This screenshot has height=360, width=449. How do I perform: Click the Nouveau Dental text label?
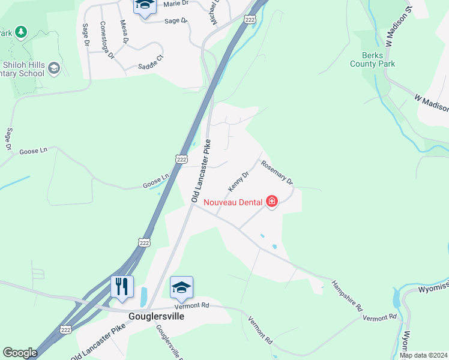click(x=234, y=202)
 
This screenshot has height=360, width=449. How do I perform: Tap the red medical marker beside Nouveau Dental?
click(x=272, y=201)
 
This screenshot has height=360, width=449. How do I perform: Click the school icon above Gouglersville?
click(x=181, y=287)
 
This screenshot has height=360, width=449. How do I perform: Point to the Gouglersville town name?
click(x=156, y=316)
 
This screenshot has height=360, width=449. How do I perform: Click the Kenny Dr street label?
click(x=238, y=181)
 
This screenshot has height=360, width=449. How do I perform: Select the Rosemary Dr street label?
click(x=276, y=172)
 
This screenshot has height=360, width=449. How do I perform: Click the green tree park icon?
click(x=21, y=31)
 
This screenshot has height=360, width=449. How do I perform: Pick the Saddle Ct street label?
click(x=151, y=61)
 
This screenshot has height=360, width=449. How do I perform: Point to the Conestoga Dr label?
click(x=107, y=40)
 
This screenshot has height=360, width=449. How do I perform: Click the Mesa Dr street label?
click(x=124, y=32)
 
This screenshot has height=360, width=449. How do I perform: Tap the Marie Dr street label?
click(x=175, y=4)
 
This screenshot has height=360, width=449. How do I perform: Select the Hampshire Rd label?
click(x=348, y=296)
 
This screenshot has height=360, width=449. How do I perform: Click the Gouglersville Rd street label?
click(x=169, y=342)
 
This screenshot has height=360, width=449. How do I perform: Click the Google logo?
click(x=20, y=353)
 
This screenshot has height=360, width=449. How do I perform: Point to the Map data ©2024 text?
click(x=423, y=355)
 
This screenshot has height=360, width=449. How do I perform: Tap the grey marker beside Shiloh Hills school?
click(x=55, y=68)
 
